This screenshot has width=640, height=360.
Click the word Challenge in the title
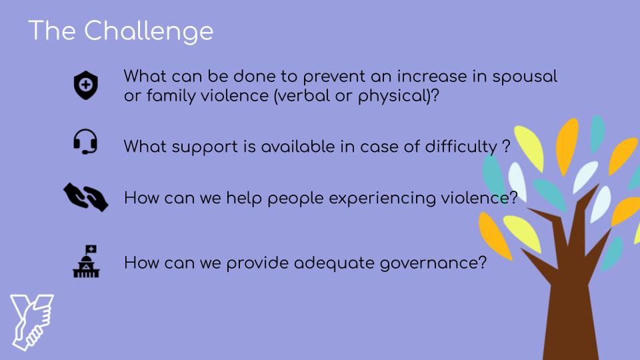point(149,32)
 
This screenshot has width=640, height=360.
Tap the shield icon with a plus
point(86,85)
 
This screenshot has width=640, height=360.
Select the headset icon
point(85,141)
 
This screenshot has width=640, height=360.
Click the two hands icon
point(86,197)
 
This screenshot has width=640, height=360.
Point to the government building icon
point(86,261)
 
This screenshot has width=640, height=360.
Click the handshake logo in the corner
point(32,322)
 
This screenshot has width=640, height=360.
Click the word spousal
point(525,77)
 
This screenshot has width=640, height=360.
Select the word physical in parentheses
point(392,97)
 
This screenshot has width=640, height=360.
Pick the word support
point(205,147)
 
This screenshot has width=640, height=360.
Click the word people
point(296,199)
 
